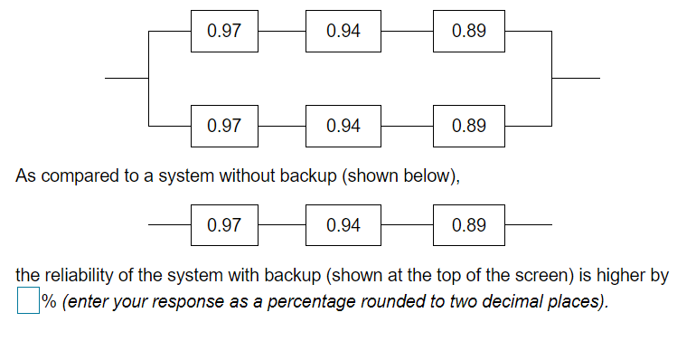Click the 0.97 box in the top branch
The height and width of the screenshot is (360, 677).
point(224,31)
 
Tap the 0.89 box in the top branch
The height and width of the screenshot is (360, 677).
point(468,31)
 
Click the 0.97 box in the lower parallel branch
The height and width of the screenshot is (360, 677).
point(224,126)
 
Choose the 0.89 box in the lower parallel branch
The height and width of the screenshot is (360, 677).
point(468,126)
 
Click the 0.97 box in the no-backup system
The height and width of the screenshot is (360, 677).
point(224,225)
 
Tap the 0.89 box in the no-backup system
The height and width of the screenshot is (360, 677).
point(468,225)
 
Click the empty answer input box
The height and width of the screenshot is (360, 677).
point(28,301)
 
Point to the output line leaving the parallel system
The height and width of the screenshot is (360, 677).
point(575,78)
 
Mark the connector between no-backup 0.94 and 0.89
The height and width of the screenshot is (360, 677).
point(407,225)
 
